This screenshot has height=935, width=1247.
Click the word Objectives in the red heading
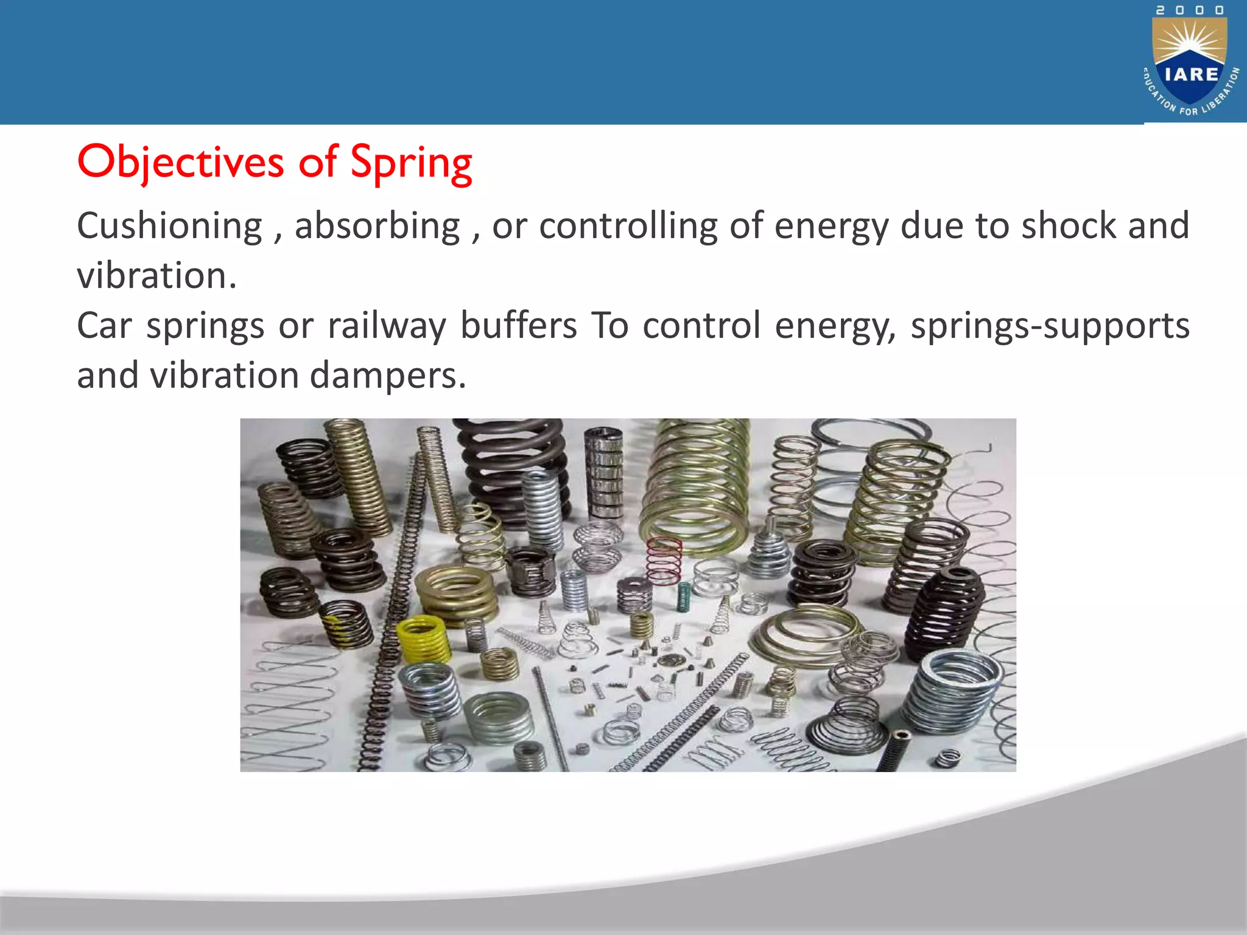(180, 163)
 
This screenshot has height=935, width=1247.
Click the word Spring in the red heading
(411, 163)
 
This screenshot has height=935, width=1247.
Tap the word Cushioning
(169, 226)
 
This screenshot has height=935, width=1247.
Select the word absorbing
(378, 226)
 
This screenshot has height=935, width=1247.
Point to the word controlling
(628, 226)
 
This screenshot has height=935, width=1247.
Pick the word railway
(387, 326)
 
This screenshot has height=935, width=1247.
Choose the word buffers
(518, 326)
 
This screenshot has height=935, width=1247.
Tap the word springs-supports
(1050, 326)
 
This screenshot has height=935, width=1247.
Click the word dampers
(388, 376)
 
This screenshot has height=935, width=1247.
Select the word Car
(104, 326)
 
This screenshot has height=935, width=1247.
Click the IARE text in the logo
(1191, 74)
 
